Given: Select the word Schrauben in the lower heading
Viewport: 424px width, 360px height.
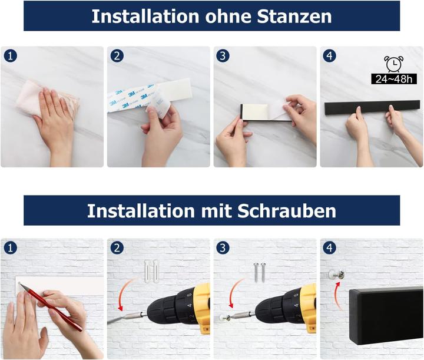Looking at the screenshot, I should click(x=287, y=210).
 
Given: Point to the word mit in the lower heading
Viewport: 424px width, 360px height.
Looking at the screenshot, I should click(x=214, y=210).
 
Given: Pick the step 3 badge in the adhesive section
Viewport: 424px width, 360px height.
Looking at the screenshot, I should click(x=223, y=56).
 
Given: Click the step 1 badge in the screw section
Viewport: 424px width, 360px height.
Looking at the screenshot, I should click(x=10, y=247).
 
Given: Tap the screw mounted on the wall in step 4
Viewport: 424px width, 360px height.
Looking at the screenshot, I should click(x=340, y=274).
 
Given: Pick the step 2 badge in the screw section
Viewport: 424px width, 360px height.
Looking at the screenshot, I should click(x=117, y=247).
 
